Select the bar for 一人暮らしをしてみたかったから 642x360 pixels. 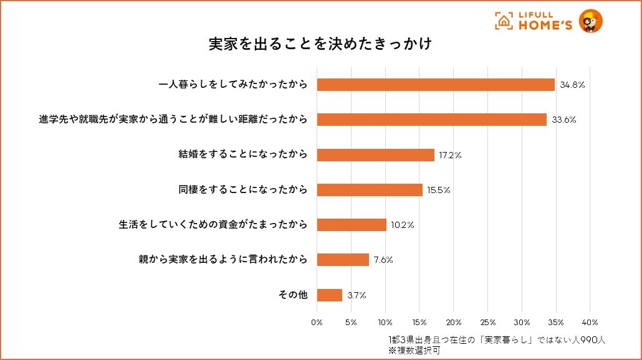(x=435, y=85)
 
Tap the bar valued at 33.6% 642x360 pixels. (x=431, y=120)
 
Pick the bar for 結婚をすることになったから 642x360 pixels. (x=375, y=155)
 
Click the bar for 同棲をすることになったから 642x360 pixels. (x=370, y=190)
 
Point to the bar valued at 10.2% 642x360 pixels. (x=352, y=225)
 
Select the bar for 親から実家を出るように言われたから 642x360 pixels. (x=343, y=260)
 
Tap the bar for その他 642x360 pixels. (x=330, y=295)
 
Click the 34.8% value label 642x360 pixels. (x=572, y=85)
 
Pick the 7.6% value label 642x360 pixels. (x=383, y=260)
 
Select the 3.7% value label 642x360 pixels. (x=357, y=295)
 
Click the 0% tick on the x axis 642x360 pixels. (x=317, y=323)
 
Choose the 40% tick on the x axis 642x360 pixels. (x=590, y=323)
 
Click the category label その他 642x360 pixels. (x=292, y=295)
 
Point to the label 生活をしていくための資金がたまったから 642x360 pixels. (x=213, y=225)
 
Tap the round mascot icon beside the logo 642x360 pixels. (x=590, y=21)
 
